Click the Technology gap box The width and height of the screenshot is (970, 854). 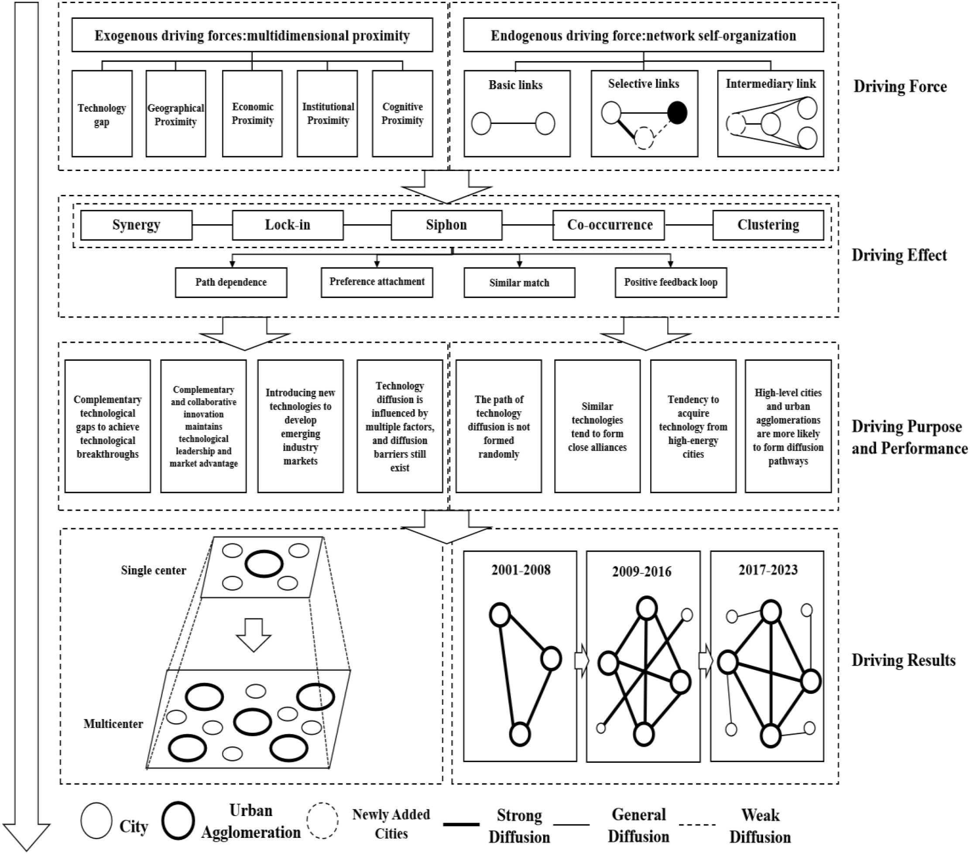(x=102, y=114)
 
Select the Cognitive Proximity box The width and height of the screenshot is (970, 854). (x=402, y=114)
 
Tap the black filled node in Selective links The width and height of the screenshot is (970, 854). (x=677, y=113)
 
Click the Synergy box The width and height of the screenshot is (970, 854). (x=136, y=225)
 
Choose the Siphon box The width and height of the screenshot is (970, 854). (x=446, y=225)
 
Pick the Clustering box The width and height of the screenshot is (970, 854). (x=768, y=225)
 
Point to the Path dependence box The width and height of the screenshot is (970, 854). (x=231, y=282)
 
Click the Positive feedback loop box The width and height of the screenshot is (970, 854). (x=670, y=282)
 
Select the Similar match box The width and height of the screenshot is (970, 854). (x=519, y=283)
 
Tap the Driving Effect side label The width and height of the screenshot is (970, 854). (x=899, y=255)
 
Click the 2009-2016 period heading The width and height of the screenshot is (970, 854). (x=641, y=571)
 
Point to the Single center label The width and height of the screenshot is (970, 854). (x=153, y=570)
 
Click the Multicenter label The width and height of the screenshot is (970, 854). (x=113, y=724)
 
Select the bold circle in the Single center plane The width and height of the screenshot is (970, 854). (x=264, y=564)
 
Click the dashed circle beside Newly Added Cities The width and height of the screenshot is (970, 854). (x=322, y=821)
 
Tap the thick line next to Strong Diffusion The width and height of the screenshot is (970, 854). (x=461, y=825)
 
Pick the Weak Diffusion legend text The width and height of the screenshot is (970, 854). (x=760, y=826)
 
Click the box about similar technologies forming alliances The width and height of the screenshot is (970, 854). (x=597, y=426)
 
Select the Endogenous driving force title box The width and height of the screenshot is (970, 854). (x=643, y=35)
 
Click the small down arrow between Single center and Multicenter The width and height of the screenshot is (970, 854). (x=254, y=635)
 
